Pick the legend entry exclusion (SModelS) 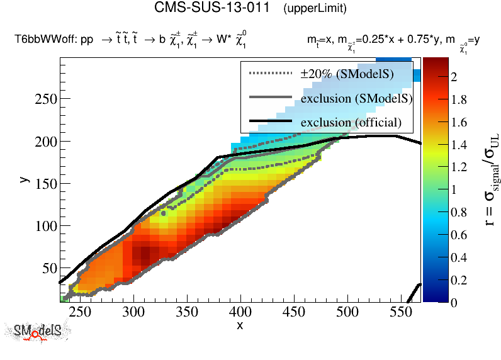356,98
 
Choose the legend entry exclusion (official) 351,121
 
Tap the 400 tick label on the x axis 240,312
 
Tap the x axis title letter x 240,325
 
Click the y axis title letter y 23,179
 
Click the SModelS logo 37,332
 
